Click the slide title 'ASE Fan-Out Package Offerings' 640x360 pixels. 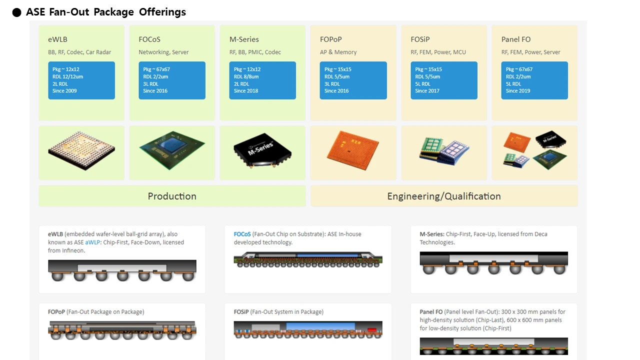[105, 12]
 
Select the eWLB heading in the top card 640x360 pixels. [57, 39]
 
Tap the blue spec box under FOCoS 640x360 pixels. [172, 80]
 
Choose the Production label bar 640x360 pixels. [172, 196]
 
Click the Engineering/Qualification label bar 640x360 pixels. [444, 196]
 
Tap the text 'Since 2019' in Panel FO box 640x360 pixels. [518, 91]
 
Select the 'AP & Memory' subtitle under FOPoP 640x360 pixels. [338, 52]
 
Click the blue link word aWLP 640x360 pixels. [92, 242]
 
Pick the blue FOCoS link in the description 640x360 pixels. [242, 234]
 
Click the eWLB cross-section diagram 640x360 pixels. [122, 270]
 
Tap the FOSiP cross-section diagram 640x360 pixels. [308, 330]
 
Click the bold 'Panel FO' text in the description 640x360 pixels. [431, 312]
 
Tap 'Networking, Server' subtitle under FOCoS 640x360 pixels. [163, 52]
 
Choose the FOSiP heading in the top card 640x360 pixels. [420, 39]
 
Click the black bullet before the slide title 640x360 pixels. [17, 12]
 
